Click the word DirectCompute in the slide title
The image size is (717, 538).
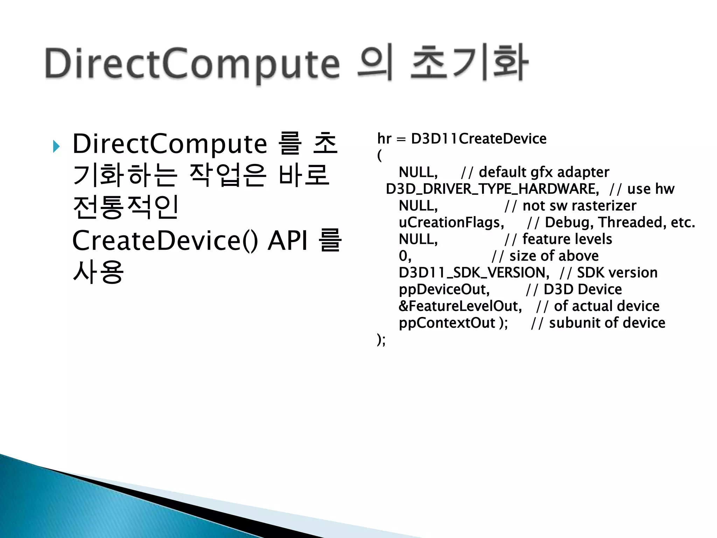tap(192, 64)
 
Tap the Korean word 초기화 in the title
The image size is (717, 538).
tap(469, 63)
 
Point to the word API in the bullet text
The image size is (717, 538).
tap(288, 241)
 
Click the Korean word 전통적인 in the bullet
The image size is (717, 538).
tap(126, 207)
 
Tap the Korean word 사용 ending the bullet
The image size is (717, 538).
tap(98, 272)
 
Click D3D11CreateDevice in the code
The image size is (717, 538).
tap(478, 139)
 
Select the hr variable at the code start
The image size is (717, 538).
tap(384, 139)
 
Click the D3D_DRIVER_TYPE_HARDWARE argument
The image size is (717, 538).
tap(492, 189)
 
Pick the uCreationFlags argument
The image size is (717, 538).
tap(451, 222)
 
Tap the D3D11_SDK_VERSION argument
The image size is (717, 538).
tap(474, 273)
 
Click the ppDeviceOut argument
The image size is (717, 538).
tap(444, 289)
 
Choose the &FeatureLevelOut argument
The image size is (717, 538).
tap(460, 306)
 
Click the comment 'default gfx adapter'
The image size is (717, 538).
tap(544, 172)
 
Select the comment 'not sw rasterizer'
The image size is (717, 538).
tap(579, 206)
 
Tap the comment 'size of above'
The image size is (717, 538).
tap(554, 256)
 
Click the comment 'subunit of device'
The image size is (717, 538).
tap(607, 323)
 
